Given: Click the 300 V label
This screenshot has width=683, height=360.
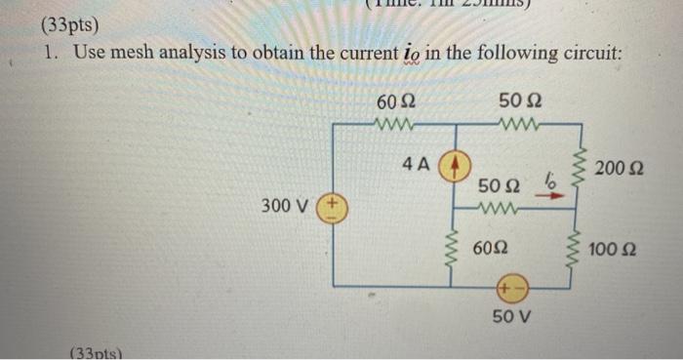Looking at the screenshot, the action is click(x=286, y=207).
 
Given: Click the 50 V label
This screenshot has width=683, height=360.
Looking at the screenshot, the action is click(x=512, y=319).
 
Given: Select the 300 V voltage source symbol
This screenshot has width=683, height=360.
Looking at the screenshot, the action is click(x=334, y=209).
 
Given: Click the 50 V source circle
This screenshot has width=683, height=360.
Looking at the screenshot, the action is click(x=511, y=288).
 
